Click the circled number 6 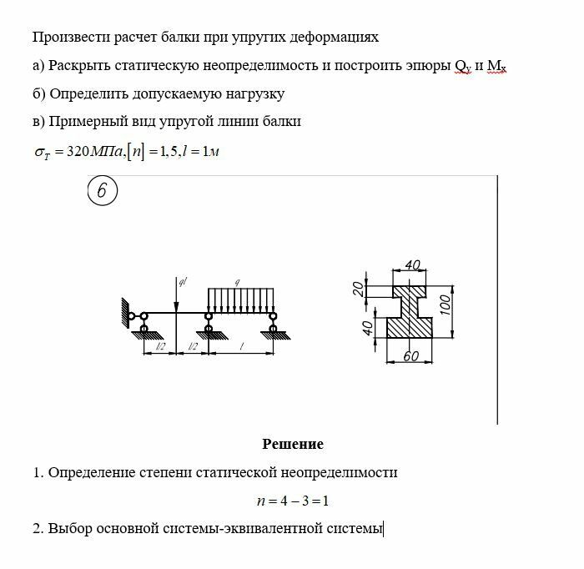(x=102, y=191)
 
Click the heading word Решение (x=293, y=444)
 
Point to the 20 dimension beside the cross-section (x=358, y=289)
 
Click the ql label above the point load (x=182, y=281)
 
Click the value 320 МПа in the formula (x=93, y=152)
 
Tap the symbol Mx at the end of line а (x=498, y=66)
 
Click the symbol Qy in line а (x=463, y=66)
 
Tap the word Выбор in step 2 (x=68, y=528)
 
